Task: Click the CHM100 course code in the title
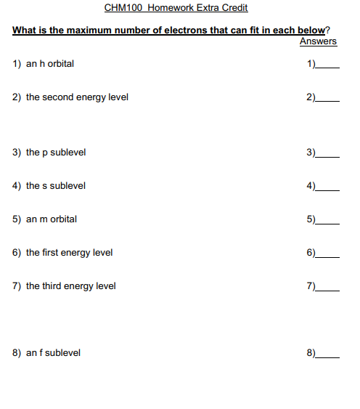123,8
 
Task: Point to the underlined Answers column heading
318,41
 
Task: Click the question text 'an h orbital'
50,64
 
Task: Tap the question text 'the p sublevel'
56,153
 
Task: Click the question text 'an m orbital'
52,219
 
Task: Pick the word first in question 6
52,253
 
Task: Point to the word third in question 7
52,286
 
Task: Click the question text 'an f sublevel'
53,353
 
